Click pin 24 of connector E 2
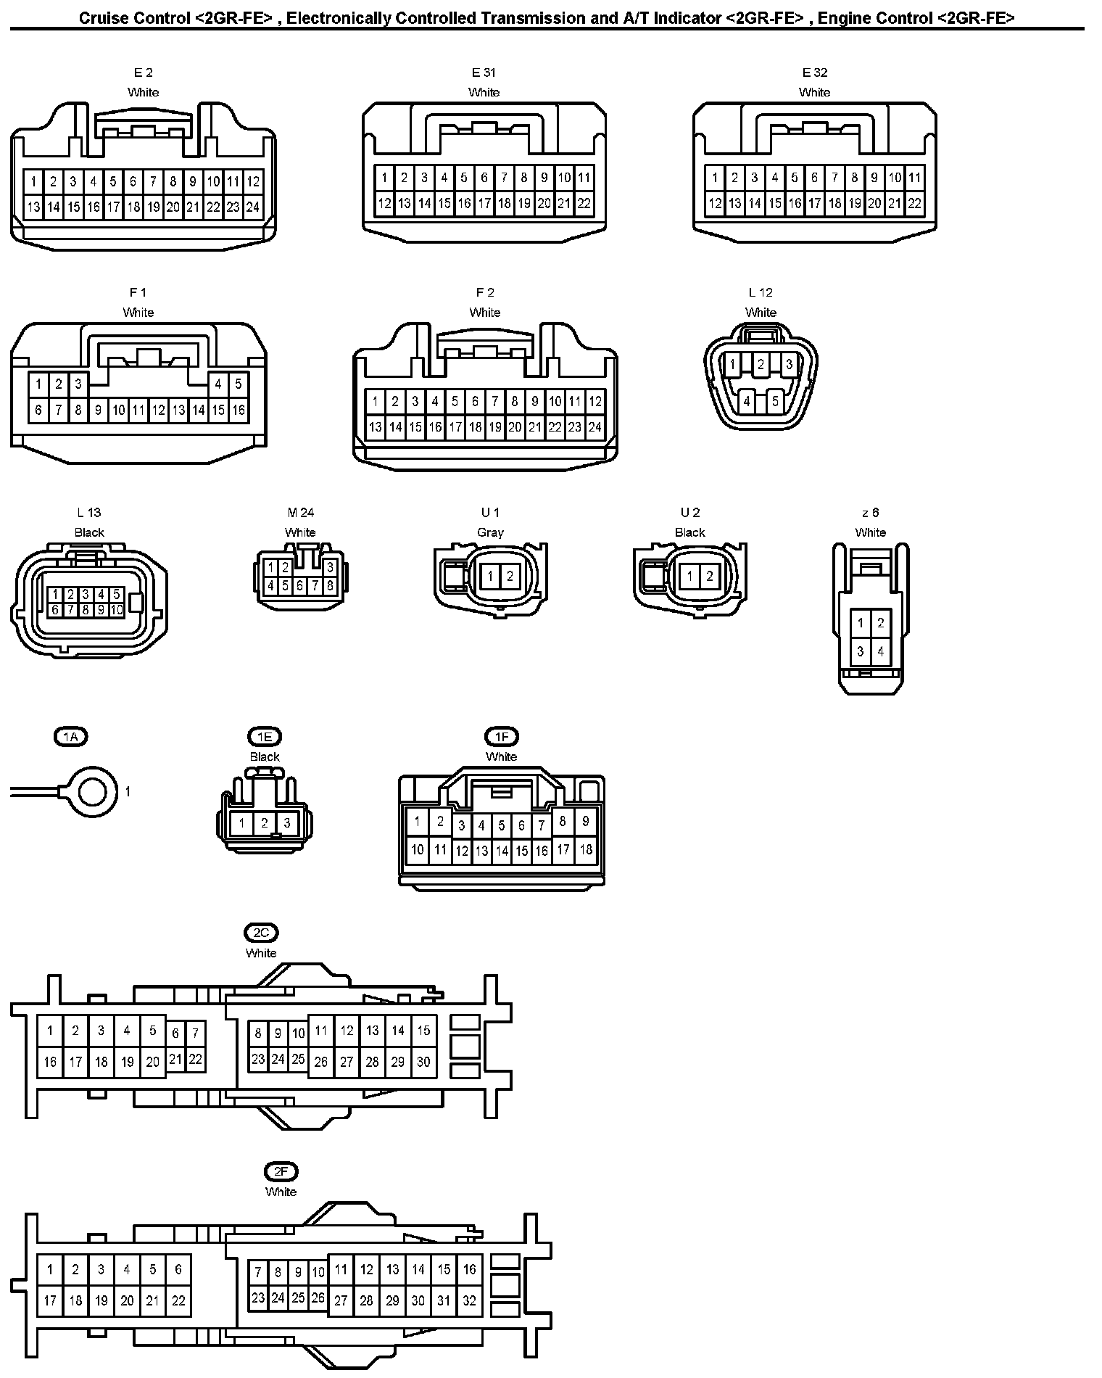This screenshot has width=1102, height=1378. point(252,207)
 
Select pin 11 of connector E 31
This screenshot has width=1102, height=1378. point(584,178)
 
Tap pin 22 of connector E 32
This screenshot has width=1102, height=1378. point(915,204)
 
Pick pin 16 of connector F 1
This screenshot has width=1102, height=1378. point(239,410)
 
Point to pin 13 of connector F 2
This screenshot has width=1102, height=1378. point(375,427)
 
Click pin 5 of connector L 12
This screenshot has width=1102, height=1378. point(775,400)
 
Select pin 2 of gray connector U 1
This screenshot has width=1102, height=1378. point(510,577)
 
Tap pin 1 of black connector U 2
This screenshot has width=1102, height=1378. point(689,577)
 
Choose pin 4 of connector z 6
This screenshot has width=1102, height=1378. point(880,651)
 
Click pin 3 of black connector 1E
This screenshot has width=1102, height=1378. point(287,823)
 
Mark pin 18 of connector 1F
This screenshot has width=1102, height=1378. point(586,849)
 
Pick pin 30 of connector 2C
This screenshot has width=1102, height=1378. point(423,1062)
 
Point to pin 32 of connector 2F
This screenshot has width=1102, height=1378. point(469,1300)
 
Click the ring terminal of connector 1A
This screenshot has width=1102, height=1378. point(93,791)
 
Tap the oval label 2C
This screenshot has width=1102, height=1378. point(261,933)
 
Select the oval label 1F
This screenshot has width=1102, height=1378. point(502,737)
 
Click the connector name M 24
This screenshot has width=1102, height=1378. point(300,513)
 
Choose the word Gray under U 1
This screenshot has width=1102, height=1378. point(490,532)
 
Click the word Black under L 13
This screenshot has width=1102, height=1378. point(89,532)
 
